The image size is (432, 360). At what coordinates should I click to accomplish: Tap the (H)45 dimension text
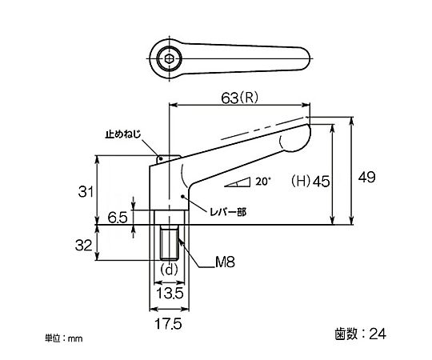click(x=310, y=181)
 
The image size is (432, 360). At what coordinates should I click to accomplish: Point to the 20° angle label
click(x=263, y=182)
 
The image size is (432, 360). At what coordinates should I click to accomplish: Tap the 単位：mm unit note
click(x=64, y=338)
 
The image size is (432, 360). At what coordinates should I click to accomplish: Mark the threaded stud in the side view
click(x=169, y=242)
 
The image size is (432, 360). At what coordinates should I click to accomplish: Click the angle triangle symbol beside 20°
click(x=238, y=183)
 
